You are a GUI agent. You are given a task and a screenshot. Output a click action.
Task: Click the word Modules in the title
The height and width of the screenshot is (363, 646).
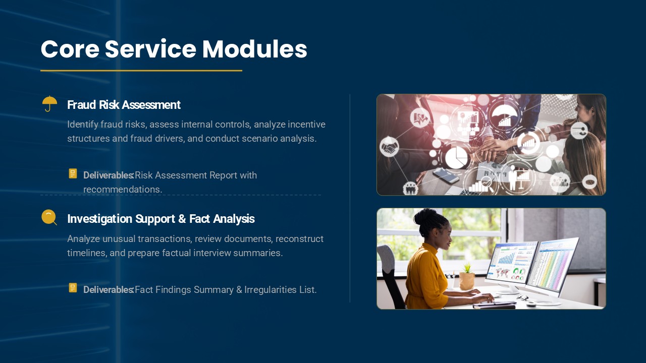coord(255,49)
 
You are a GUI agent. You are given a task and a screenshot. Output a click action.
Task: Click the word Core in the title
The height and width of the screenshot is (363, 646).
coord(70,49)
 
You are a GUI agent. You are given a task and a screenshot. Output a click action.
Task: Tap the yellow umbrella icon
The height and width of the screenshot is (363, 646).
coord(49,103)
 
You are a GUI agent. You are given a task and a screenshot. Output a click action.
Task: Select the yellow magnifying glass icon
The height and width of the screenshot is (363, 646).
coord(49,217)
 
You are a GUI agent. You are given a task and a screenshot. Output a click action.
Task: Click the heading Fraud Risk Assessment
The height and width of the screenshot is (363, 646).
coord(124,105)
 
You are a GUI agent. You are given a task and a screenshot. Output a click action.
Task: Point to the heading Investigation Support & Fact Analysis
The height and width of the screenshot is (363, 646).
coord(161,219)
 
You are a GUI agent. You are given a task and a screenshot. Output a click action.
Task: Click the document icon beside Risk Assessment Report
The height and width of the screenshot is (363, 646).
coord(73,173)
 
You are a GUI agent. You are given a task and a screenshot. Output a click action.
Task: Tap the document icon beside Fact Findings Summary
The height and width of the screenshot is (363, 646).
coord(73,288)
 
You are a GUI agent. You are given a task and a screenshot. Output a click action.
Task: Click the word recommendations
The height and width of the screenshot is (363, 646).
coord(123,189)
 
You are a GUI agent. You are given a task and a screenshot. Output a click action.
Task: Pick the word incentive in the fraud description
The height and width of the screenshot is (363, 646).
coord(306,125)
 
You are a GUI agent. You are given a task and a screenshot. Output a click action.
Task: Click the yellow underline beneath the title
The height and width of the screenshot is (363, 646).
coord(141,71)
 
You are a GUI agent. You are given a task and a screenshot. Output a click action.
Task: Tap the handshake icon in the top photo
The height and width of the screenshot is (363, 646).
coord(389,148)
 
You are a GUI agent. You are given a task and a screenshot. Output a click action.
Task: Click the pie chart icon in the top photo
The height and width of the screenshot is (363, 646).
coord(456,158)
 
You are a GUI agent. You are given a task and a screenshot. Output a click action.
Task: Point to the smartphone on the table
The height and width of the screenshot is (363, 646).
coord(446,175)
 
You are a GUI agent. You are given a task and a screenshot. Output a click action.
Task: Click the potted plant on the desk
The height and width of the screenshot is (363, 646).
coord(467,277)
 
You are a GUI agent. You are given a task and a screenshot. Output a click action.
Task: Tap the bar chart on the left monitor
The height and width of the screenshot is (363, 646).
coord(506,259)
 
